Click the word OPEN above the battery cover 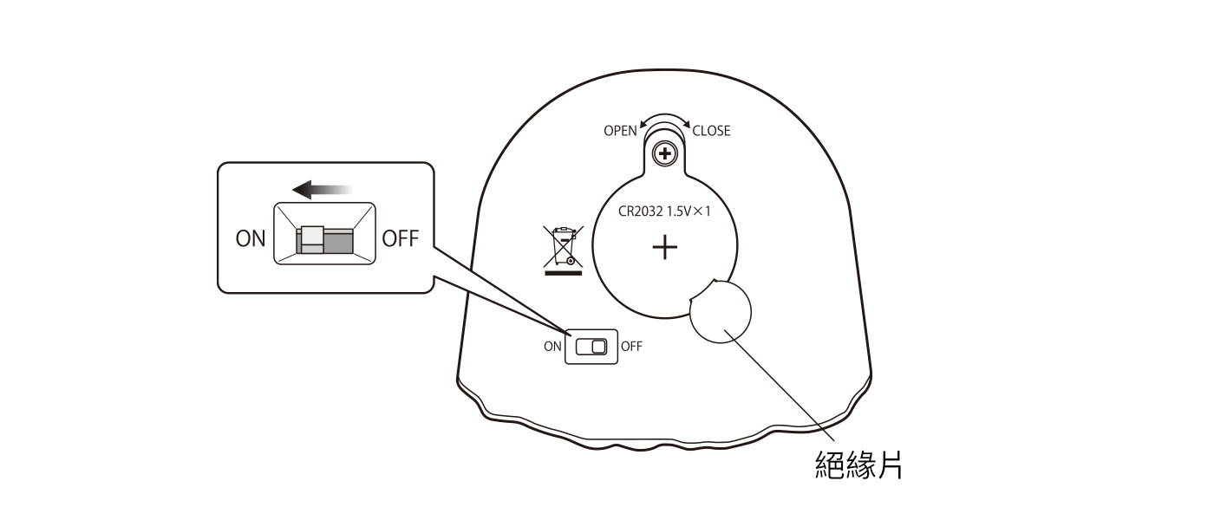click(x=620, y=131)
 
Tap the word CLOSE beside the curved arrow click(x=711, y=131)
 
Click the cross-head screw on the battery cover click(x=665, y=154)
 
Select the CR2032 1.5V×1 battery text click(x=664, y=211)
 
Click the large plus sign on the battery click(x=665, y=248)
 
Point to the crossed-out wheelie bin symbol click(x=563, y=246)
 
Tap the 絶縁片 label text click(x=859, y=465)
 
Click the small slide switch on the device click(x=591, y=347)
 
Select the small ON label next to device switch click(x=552, y=347)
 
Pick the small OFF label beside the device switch click(x=631, y=347)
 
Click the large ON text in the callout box click(x=251, y=239)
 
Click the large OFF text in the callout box click(x=401, y=239)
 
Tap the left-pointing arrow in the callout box click(x=323, y=190)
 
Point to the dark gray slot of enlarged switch click(x=339, y=242)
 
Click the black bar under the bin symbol click(x=563, y=273)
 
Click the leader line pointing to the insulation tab click(x=779, y=384)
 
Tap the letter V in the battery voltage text click(x=687, y=211)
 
